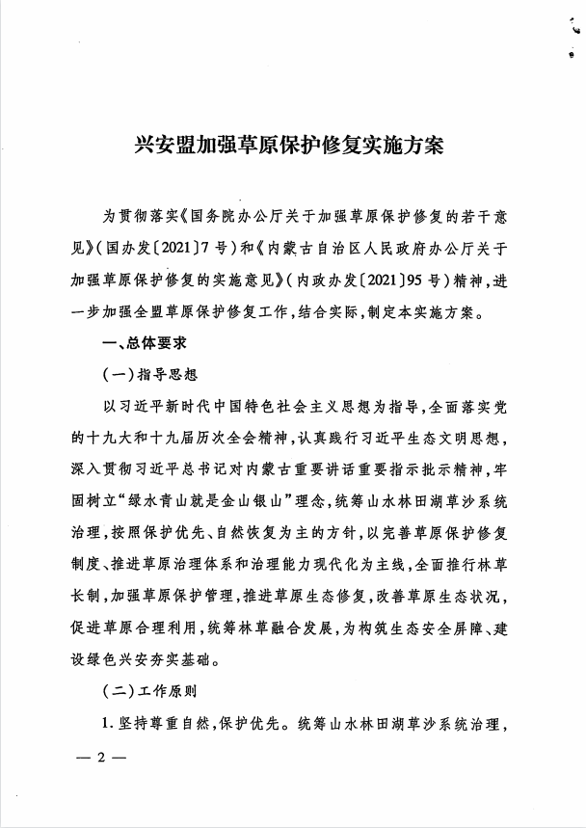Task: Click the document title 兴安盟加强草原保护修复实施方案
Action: point(293,147)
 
